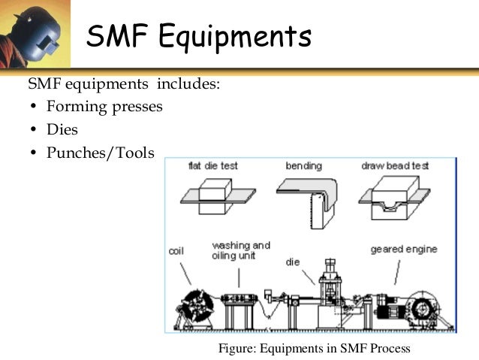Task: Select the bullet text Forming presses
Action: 104,106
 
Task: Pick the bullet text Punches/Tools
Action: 100,153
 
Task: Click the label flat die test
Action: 212,165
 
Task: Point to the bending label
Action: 303,165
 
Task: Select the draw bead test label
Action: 394,165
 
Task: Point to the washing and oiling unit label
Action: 240,250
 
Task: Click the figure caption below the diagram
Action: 315,348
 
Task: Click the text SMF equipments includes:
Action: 124,83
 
